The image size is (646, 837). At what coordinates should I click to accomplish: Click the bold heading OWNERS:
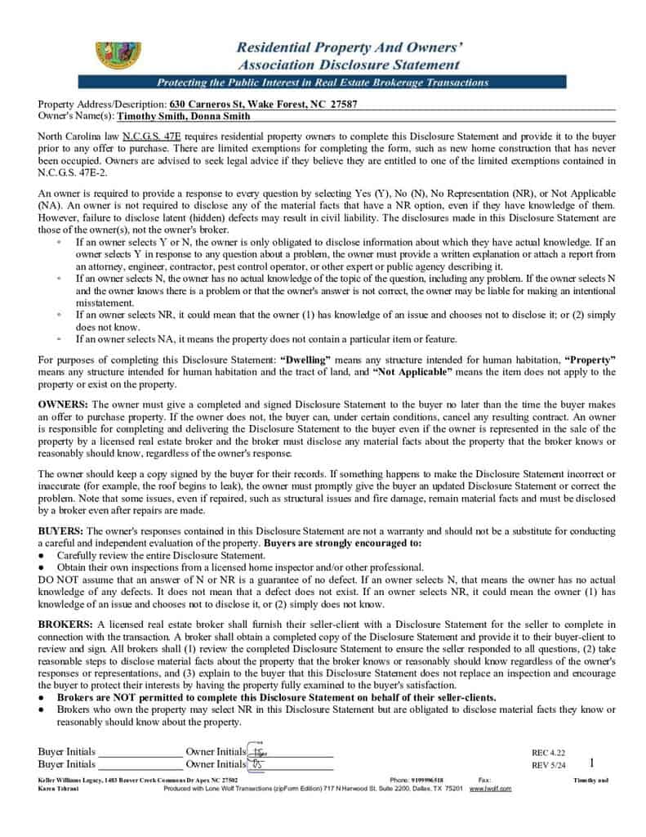click(64, 405)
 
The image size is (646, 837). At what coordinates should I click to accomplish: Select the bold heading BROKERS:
click(66, 624)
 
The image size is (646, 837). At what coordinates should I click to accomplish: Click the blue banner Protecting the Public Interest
click(323, 83)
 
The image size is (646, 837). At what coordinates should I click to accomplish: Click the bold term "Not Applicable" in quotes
click(413, 372)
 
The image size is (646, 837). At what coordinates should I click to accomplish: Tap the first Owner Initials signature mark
click(258, 751)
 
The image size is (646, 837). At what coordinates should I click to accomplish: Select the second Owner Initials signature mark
click(257, 764)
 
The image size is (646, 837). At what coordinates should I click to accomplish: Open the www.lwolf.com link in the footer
click(490, 789)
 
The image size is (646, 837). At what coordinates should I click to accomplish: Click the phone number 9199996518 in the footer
click(428, 781)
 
